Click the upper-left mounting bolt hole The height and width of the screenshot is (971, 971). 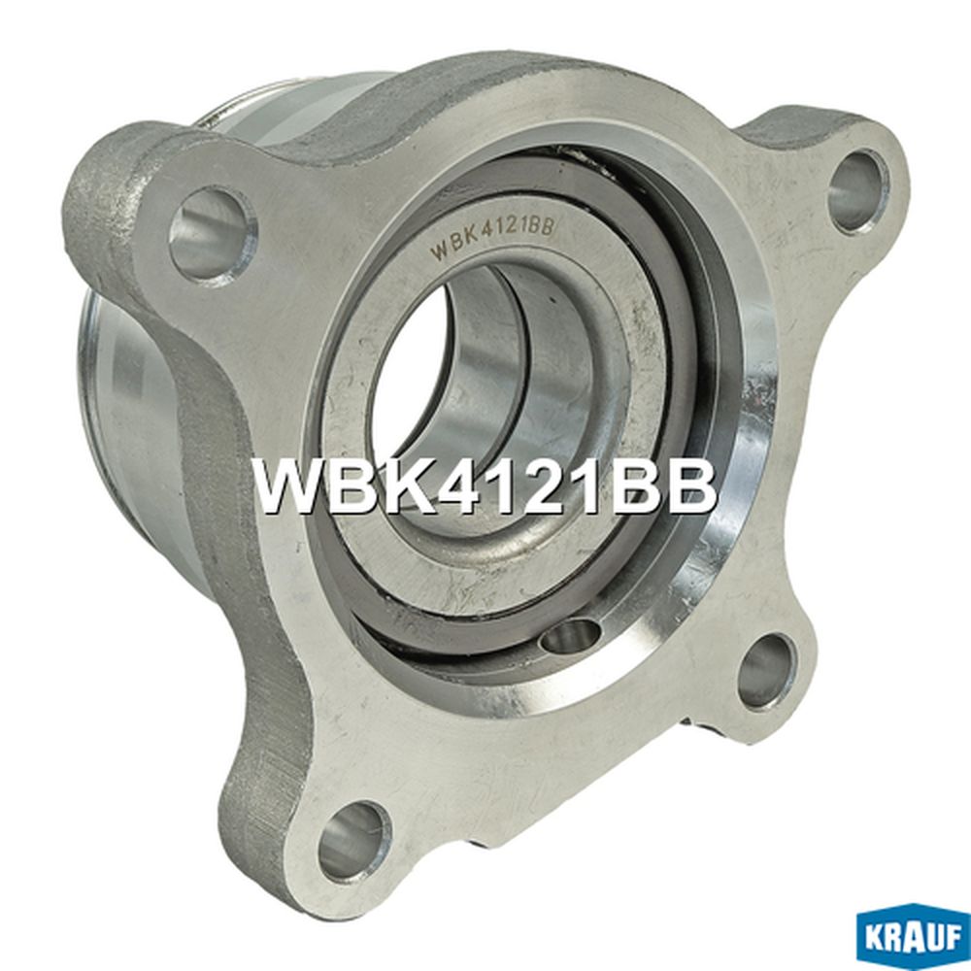(213, 235)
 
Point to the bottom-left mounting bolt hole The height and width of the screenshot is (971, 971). (354, 841)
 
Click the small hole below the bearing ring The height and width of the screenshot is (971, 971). (570, 637)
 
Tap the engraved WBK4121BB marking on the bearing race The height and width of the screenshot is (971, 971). (494, 236)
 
